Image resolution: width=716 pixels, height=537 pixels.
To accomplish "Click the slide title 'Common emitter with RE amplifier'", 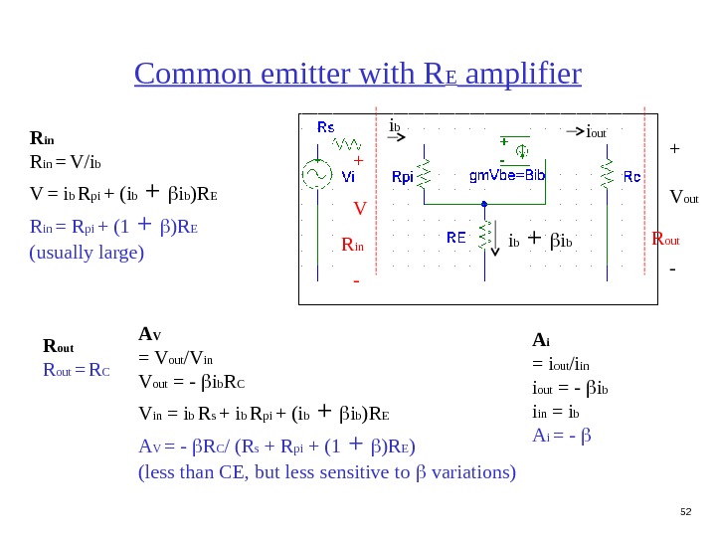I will pos(357,75).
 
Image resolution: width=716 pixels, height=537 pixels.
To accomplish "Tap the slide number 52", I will pos(684,511).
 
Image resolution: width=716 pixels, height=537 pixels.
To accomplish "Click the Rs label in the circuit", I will pos(326,127).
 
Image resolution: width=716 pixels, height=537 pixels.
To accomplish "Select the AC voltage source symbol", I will pos(317,175).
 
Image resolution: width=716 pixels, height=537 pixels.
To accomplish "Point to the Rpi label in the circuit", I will pos(403,177).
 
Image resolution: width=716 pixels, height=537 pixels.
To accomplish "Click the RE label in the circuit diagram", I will pos(456,238).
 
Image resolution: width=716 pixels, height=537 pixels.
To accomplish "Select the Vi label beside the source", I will pos(348,177).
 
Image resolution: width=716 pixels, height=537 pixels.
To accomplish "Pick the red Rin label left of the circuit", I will pos(353,245).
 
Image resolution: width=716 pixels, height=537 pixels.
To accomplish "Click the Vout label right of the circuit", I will pos(683,197).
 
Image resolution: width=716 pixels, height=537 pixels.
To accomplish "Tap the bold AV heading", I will pos(149,334).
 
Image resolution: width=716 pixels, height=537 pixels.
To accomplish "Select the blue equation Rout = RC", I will pos(76,371).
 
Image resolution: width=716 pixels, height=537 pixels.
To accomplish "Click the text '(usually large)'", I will pos(87,252).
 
